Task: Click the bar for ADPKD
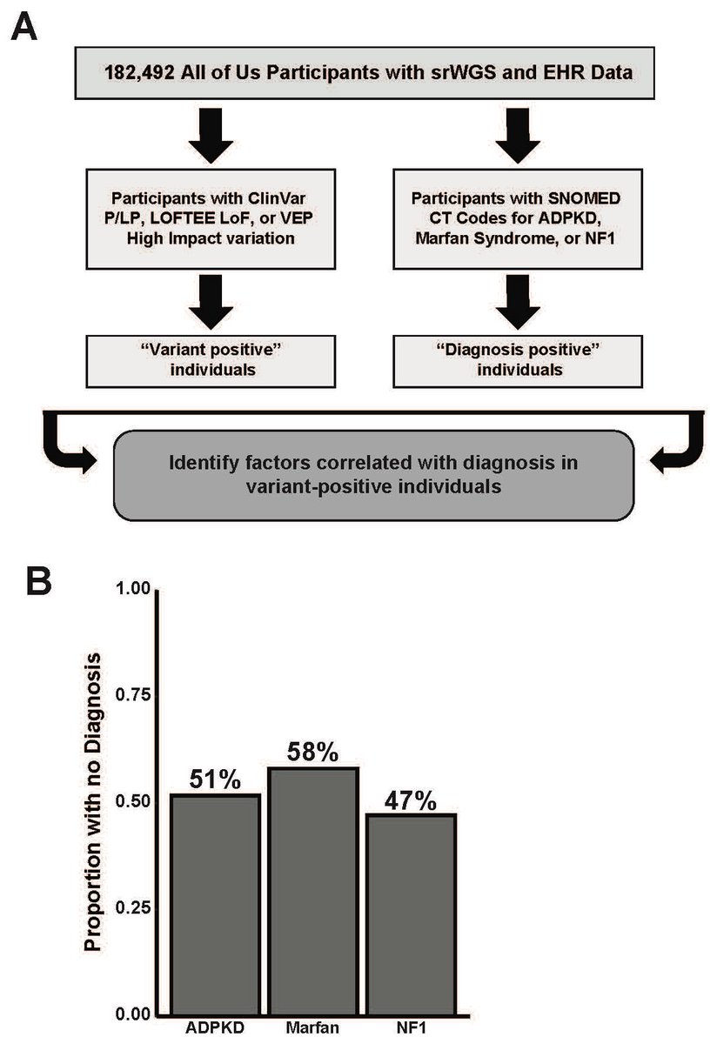point(216,905)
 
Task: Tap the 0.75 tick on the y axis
point(131,695)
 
